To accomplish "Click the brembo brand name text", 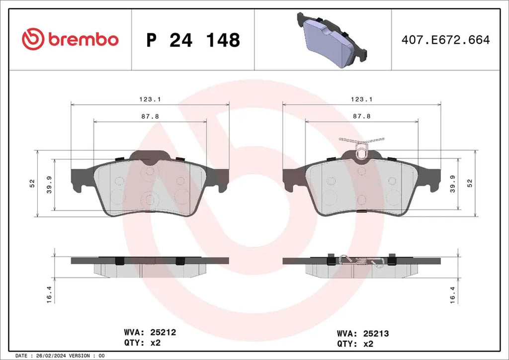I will point(83,39).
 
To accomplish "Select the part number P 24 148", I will point(193,40).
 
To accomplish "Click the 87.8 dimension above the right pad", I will point(361,116).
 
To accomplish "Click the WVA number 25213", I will point(375,334).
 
